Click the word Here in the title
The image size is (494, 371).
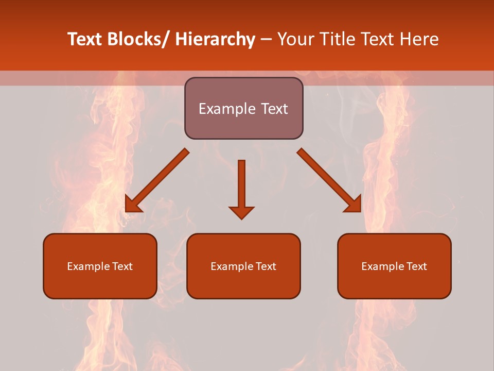click(x=419, y=39)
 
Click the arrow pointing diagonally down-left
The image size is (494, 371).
click(x=157, y=180)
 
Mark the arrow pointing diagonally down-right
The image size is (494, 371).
click(x=329, y=180)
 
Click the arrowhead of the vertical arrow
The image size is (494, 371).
click(x=241, y=212)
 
